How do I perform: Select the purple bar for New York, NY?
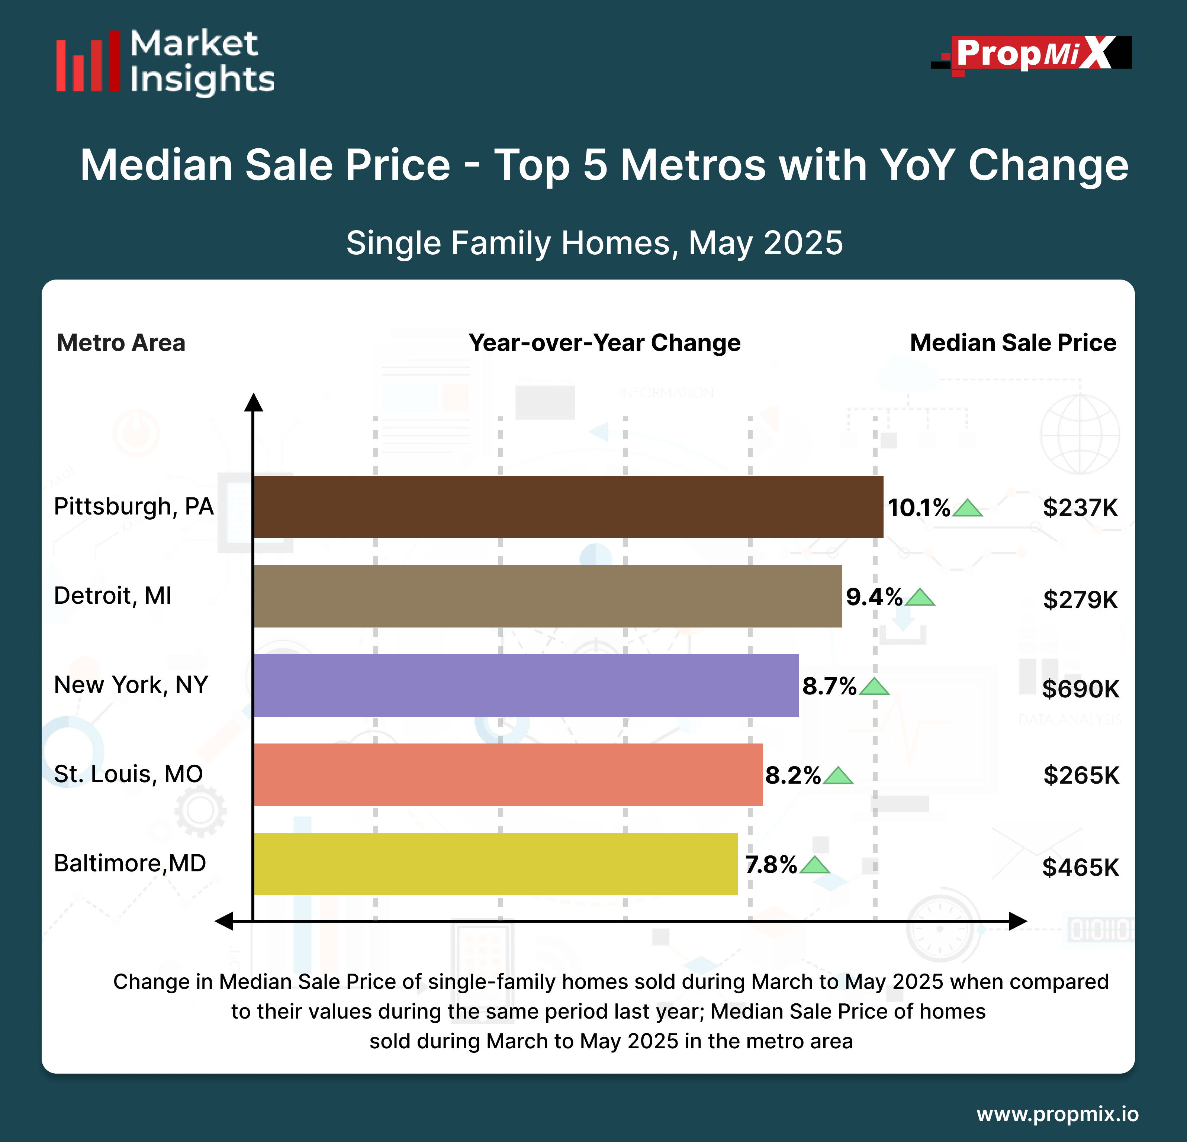(526, 685)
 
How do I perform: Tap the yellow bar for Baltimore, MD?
(495, 864)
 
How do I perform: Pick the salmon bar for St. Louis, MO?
(508, 774)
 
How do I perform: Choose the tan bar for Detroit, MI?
(547, 596)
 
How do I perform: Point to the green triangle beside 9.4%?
(920, 598)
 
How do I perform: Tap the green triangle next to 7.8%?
(814, 865)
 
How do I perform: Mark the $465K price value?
(1080, 868)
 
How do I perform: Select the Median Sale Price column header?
(1013, 343)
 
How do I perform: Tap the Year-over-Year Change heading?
(604, 343)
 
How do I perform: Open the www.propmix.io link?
(1057, 1114)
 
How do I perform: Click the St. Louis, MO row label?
(128, 774)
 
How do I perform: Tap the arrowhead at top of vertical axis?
(253, 402)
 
